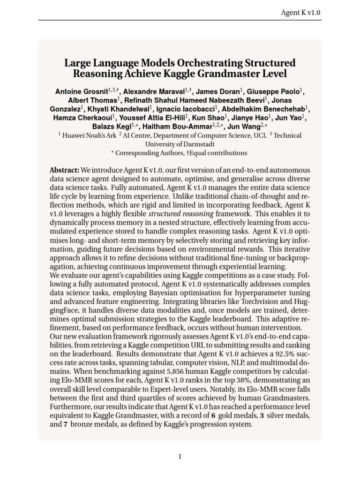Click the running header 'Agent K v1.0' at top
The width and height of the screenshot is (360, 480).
(300, 13)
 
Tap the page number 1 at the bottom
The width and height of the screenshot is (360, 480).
(180, 457)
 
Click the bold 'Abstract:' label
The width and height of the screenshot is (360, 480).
(64, 170)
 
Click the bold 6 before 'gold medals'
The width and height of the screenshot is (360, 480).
(213, 416)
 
